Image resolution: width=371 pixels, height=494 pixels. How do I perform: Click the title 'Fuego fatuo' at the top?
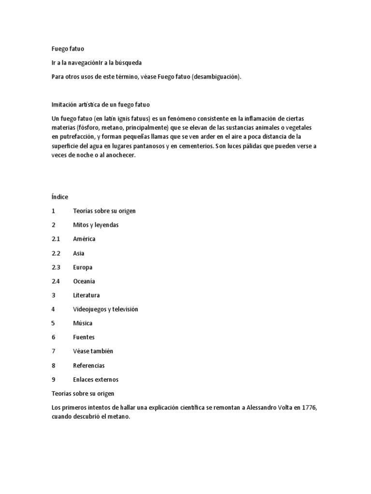(x=68, y=49)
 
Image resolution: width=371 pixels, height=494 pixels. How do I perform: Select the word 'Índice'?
(x=60, y=197)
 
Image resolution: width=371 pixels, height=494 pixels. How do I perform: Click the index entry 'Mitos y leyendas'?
(x=96, y=225)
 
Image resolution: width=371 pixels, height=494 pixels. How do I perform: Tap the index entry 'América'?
(x=84, y=239)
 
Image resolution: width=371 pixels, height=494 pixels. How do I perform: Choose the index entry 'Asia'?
(x=79, y=253)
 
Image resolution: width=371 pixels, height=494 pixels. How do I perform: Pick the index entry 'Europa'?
(x=83, y=267)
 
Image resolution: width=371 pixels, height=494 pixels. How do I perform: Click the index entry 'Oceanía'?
(x=84, y=281)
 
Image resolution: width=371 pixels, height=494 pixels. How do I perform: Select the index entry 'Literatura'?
(x=86, y=295)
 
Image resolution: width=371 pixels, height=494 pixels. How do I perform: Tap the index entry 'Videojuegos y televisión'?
(x=105, y=309)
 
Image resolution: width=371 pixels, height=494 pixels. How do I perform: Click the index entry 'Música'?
(x=83, y=323)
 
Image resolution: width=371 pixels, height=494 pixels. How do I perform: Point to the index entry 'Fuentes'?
(x=84, y=337)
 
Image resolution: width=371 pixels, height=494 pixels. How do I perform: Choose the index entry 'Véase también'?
(x=93, y=351)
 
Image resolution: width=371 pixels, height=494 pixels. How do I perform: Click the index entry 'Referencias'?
(x=89, y=365)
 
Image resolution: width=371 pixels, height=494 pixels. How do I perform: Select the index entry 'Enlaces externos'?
(x=96, y=379)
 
